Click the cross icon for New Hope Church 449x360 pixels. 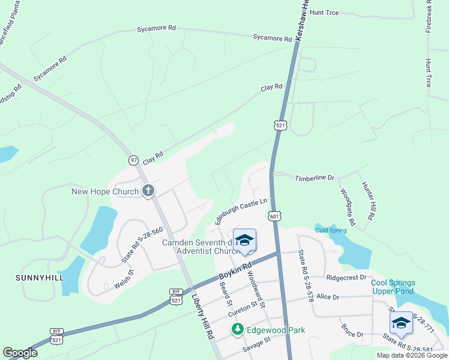148,191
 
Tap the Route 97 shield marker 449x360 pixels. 133,160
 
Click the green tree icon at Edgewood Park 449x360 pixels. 238,329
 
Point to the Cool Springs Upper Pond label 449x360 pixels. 393,287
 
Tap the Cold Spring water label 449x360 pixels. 331,230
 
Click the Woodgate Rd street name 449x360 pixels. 348,207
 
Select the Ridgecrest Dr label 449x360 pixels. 346,278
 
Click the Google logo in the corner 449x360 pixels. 20,353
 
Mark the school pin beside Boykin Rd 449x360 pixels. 244,241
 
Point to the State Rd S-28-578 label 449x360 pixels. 304,277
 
